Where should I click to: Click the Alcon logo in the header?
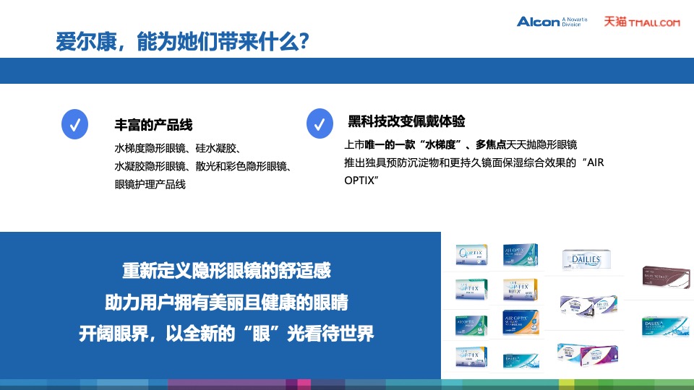click(x=538, y=22)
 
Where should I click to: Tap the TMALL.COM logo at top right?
click(x=642, y=22)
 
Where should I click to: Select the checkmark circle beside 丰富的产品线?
click(x=75, y=124)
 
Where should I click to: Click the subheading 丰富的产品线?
click(x=154, y=125)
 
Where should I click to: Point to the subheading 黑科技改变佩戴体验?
click(x=406, y=121)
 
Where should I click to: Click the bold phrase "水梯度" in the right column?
click(x=431, y=144)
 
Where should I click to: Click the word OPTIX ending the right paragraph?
click(x=361, y=178)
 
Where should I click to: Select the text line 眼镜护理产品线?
click(x=150, y=184)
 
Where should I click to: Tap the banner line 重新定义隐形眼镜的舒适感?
click(x=226, y=272)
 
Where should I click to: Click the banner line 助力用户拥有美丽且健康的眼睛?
click(x=226, y=303)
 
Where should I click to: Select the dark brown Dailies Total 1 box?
click(x=663, y=274)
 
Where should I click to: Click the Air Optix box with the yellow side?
click(x=521, y=290)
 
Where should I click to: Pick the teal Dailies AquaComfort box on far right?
click(x=661, y=326)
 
